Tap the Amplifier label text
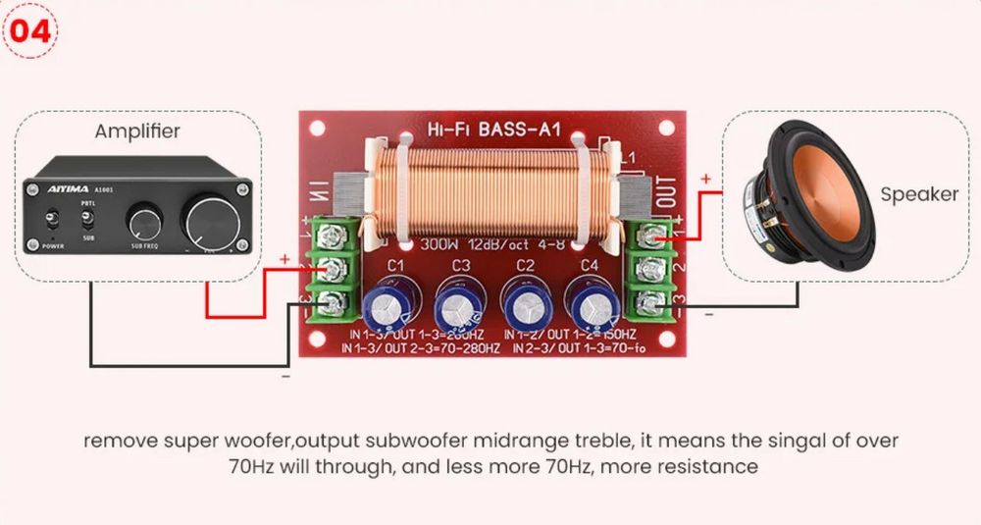[x=137, y=131]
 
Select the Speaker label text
[x=918, y=194]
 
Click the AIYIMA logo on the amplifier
[x=70, y=188]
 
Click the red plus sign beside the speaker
[x=704, y=180]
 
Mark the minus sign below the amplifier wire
[x=285, y=375]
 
